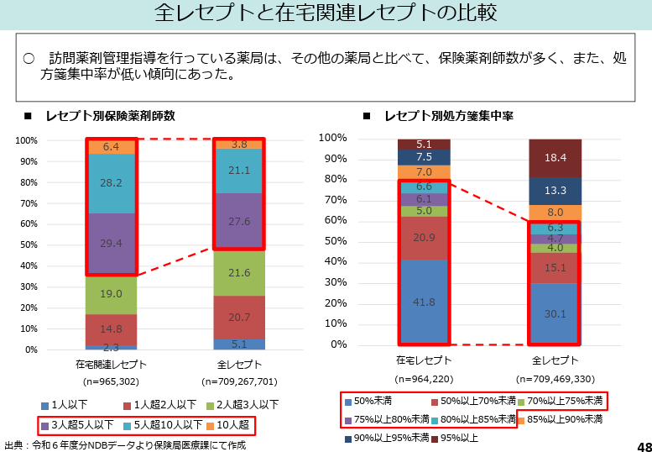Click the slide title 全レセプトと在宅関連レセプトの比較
(x=326, y=13)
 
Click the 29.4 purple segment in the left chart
(x=111, y=244)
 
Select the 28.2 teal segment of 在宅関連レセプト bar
(x=111, y=183)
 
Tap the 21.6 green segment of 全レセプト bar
(x=240, y=273)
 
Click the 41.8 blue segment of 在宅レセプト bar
(x=424, y=302)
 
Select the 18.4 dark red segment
(x=556, y=158)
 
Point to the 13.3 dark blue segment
(x=556, y=191)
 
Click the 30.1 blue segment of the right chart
(x=556, y=313)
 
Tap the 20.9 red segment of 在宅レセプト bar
(x=424, y=238)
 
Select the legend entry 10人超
(x=230, y=425)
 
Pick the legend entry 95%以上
(x=456, y=438)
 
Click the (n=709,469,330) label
(x=556, y=378)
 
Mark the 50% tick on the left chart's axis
(x=28, y=244)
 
